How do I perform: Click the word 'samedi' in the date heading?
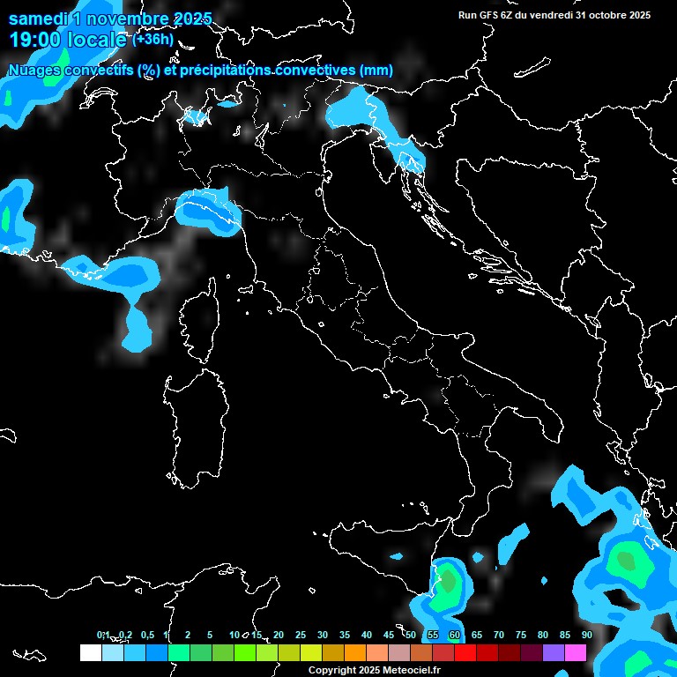click(x=35, y=19)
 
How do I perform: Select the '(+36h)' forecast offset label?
click(x=153, y=40)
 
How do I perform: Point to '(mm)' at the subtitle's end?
click(x=376, y=71)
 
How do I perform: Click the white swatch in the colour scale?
click(x=91, y=652)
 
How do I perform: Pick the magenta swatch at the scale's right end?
click(x=576, y=652)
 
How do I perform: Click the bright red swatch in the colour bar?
click(x=465, y=652)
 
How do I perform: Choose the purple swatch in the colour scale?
click(x=554, y=652)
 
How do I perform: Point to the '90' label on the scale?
click(x=586, y=635)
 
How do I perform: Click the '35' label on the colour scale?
click(x=345, y=635)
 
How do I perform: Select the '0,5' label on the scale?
click(x=146, y=635)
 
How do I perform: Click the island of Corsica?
click(x=198, y=317)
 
